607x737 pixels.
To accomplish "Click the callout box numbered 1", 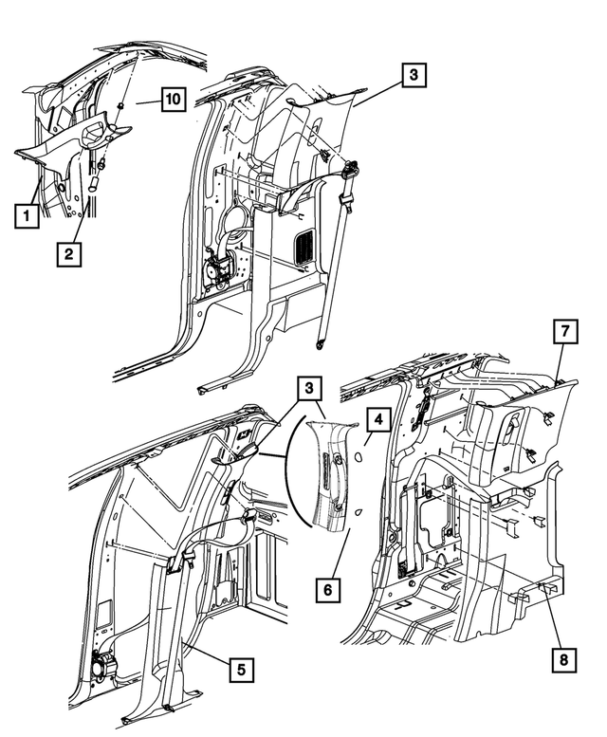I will (x=27, y=217).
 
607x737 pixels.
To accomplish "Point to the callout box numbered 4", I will (x=377, y=417).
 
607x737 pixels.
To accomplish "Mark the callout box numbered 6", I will (x=327, y=589).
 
